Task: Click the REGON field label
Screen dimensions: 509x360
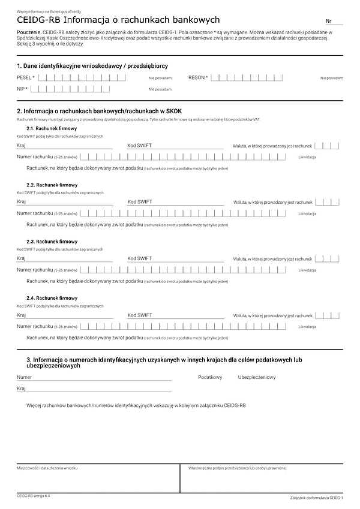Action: [198, 77]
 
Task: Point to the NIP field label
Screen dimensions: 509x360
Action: [22, 89]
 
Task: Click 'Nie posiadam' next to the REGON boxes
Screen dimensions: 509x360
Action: [331, 78]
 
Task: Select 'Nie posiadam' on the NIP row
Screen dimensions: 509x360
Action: [160, 89]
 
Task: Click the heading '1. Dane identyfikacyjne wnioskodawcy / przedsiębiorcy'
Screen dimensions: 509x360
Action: [92, 65]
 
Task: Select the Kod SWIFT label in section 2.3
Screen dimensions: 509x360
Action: [140, 258]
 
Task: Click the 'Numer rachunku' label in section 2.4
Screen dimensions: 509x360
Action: [35, 327]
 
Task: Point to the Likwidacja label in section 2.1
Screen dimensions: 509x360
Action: [307, 157]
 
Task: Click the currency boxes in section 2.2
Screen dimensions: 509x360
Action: [327, 202]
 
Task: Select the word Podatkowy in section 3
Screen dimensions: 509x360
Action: [210, 378]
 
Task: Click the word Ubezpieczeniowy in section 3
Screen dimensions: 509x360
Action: [257, 378]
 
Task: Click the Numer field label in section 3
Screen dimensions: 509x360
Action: [24, 378]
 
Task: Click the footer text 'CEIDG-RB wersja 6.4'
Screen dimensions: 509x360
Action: [34, 496]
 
